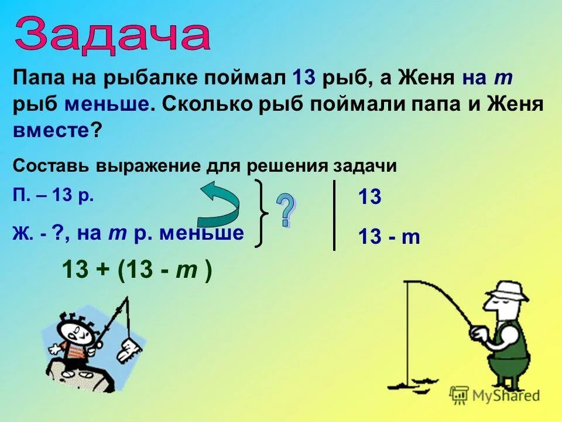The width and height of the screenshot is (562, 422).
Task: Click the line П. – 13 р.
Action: click(x=53, y=196)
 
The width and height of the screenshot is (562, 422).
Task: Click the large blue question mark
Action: click(x=285, y=210)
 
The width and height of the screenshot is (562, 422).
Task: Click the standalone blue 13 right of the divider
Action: click(x=369, y=198)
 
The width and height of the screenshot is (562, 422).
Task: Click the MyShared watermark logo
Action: click(x=495, y=395)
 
